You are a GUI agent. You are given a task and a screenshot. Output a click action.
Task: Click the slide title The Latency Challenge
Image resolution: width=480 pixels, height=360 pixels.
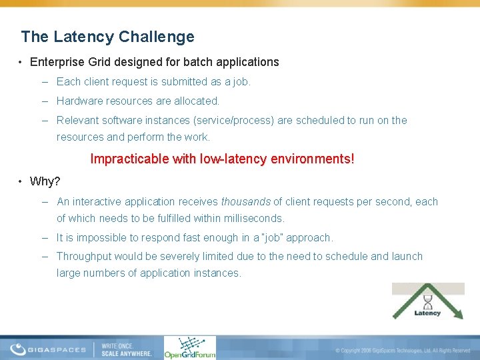point(107,37)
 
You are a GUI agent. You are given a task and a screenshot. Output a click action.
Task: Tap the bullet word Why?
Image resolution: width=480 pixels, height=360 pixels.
point(45,182)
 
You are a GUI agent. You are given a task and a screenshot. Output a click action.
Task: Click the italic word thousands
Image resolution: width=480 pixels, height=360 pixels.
point(246,201)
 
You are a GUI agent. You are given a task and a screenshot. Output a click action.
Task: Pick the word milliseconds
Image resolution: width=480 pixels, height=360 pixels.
point(252,218)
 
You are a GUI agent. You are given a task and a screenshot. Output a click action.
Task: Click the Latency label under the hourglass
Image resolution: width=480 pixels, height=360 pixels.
point(427,313)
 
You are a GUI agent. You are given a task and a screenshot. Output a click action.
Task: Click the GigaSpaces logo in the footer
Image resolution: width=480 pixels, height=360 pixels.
point(48,349)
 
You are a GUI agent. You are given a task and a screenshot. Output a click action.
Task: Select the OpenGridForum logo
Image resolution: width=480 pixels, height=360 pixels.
point(190,347)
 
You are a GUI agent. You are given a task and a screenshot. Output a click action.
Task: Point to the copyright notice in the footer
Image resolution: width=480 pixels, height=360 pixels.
point(403,350)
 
